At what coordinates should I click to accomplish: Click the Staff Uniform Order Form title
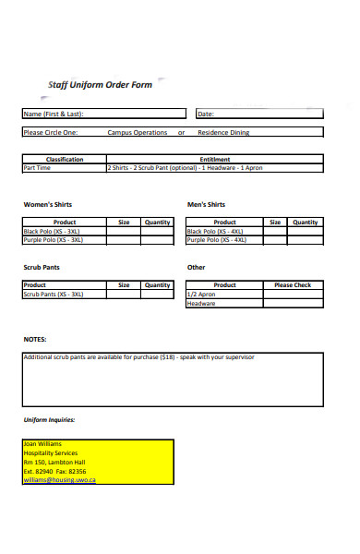100,85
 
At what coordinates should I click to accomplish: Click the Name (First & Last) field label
53,114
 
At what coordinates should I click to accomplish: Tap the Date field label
206,114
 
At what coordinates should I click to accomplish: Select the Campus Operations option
138,133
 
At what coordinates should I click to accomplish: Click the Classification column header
65,160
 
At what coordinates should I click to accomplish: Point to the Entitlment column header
215,160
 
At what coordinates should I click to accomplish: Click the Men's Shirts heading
206,204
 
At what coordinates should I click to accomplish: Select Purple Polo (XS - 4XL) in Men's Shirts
217,239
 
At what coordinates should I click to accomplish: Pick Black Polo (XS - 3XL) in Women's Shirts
54,231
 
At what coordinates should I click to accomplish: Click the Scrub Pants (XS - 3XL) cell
54,294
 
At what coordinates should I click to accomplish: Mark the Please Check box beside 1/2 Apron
293,294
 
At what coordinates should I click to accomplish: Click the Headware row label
201,303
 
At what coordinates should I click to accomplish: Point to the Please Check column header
293,285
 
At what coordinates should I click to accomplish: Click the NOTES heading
35,339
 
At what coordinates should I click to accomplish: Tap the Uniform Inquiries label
49,420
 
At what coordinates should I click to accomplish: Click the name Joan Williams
42,444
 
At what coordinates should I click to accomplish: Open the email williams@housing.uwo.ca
59,480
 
